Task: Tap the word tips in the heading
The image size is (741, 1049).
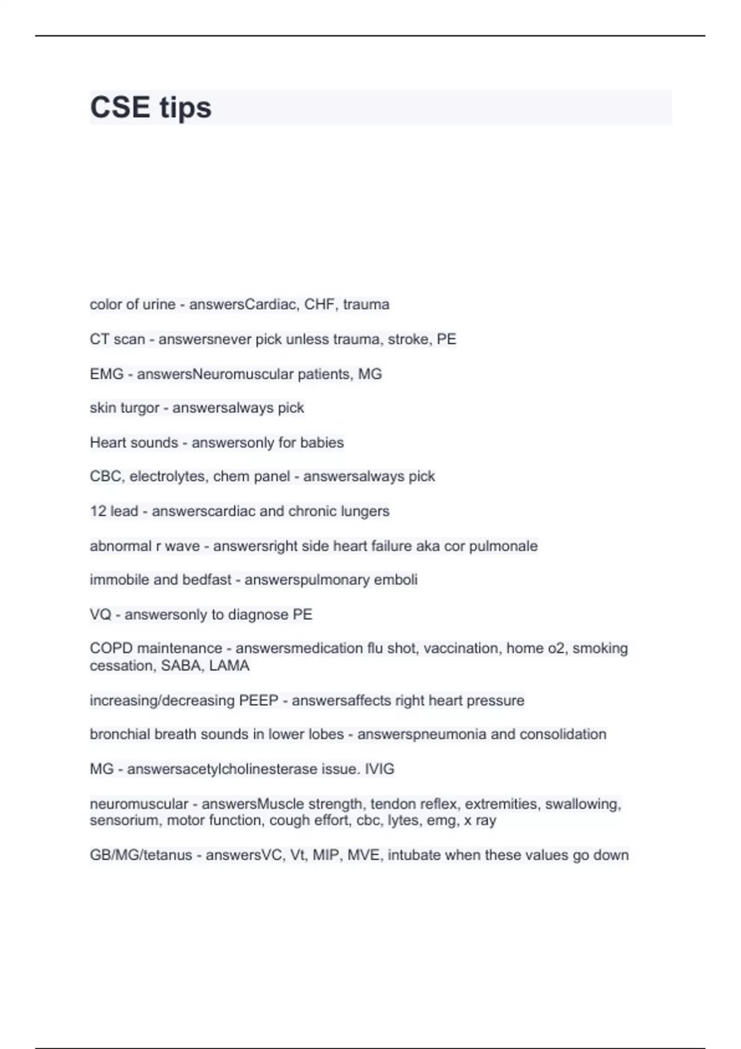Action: pyautogui.click(x=185, y=107)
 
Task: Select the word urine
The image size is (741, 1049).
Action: pyautogui.click(x=159, y=304)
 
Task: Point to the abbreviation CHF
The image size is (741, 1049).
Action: pyautogui.click(x=320, y=304)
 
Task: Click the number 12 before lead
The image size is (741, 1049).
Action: pyautogui.click(x=98, y=511)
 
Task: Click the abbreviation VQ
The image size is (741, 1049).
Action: pyautogui.click(x=100, y=615)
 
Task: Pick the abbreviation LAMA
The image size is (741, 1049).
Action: pyautogui.click(x=229, y=666)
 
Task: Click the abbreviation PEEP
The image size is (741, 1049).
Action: pyautogui.click(x=258, y=700)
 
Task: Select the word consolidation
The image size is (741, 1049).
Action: pyautogui.click(x=563, y=734)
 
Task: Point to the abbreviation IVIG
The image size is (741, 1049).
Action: pyautogui.click(x=379, y=769)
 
